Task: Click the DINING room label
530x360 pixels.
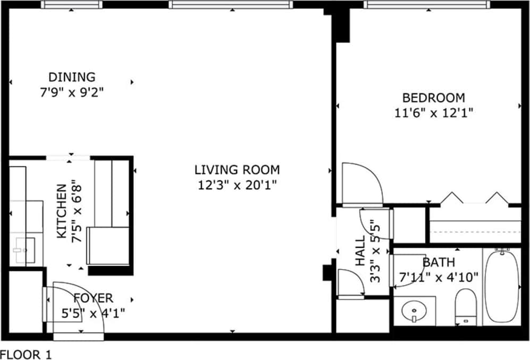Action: coord(72,77)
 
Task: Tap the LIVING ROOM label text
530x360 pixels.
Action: coord(237,170)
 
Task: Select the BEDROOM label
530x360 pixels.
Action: coord(434,98)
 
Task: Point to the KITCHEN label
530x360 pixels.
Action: coord(62,211)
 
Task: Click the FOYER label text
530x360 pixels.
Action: coord(93,298)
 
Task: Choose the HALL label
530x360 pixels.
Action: coord(360,250)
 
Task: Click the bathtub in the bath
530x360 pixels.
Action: coord(502,287)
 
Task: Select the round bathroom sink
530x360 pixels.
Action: coord(414,311)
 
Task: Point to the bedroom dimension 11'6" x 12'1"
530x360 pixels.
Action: coord(434,113)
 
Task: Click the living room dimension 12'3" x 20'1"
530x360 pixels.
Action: coord(237,185)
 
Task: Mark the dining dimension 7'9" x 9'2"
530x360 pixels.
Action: coord(72,92)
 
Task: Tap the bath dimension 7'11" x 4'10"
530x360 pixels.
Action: coord(439,278)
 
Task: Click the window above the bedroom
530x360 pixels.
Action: coord(427,4)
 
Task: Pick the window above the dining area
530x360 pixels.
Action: coord(72,4)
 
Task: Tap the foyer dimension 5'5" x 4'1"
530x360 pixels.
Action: coord(93,313)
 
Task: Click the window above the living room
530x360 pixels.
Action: coord(231,4)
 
